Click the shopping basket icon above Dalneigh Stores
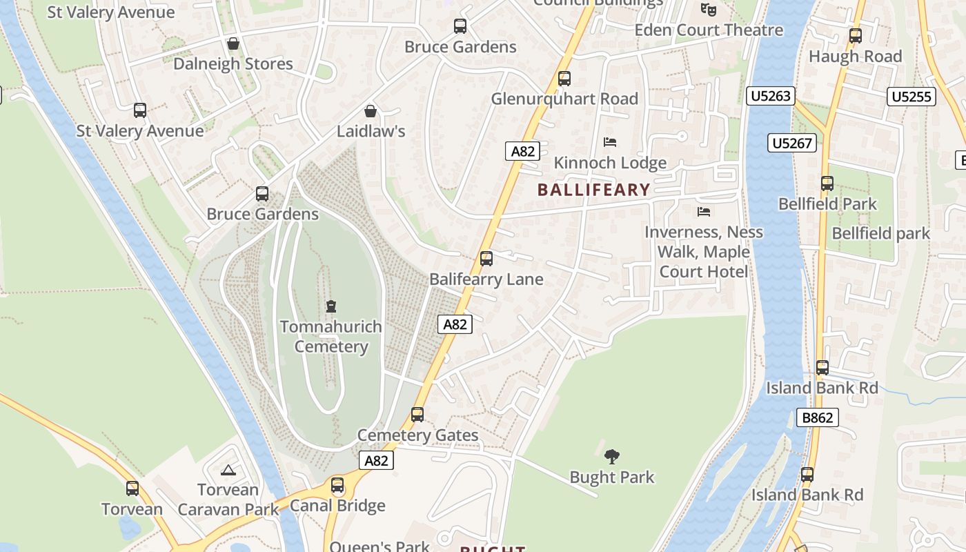click(233, 43)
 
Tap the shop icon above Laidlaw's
click(371, 111)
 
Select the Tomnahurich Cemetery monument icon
click(331, 306)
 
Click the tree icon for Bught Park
click(611, 456)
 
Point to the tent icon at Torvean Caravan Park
click(228, 471)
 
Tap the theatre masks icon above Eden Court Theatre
click(708, 10)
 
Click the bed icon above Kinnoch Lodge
click(610, 142)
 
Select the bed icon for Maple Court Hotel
click(704, 211)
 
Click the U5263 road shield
click(771, 96)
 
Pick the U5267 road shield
click(792, 143)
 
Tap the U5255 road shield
click(911, 97)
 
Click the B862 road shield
click(818, 417)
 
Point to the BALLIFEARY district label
click(594, 190)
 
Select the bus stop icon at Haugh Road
click(856, 36)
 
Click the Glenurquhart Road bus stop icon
click(564, 79)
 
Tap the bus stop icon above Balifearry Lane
click(486, 259)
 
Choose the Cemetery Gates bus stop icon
click(417, 415)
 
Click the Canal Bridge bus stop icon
click(337, 485)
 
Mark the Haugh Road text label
click(856, 57)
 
